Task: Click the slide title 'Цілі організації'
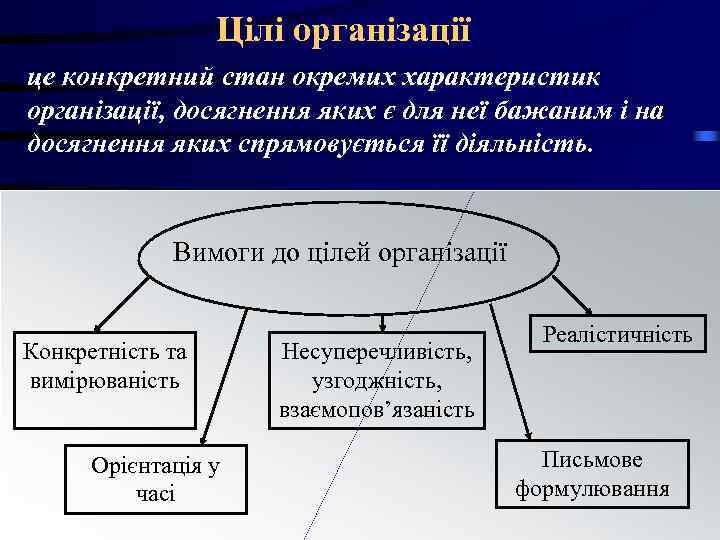343,29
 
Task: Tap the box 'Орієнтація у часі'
155,479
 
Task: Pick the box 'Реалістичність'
617,335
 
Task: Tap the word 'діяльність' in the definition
521,142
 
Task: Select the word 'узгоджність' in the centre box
377,381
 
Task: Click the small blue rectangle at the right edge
706,135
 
